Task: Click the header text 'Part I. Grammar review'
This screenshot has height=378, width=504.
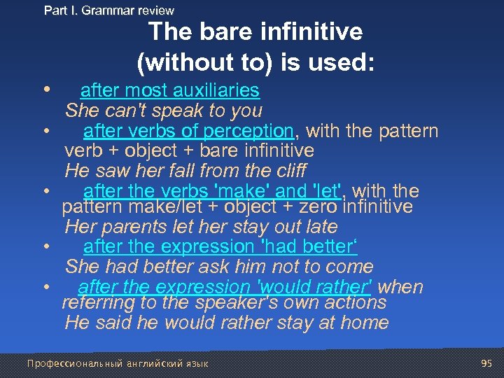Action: [x=108, y=10]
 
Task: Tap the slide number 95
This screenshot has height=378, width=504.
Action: [x=487, y=363]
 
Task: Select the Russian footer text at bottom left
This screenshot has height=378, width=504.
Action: [x=118, y=363]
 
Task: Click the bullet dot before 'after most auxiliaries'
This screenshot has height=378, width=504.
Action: [x=45, y=90]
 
